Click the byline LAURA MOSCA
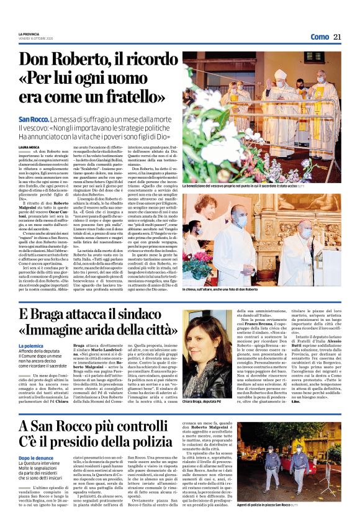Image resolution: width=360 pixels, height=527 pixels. pos(29,147)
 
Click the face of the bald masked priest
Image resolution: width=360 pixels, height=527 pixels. pos(320,79)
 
